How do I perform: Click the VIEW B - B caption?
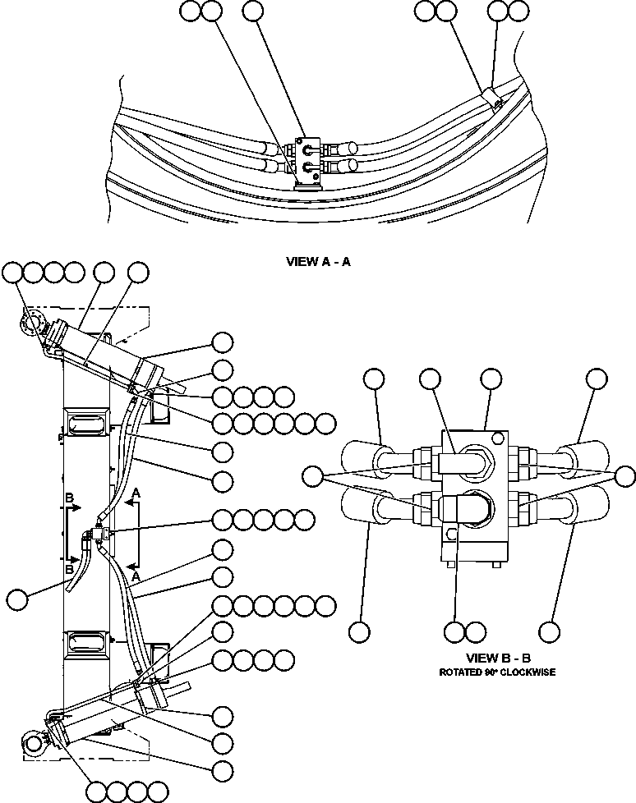click(x=498, y=658)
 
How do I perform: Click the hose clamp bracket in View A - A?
click(x=492, y=100)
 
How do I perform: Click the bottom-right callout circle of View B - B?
click(x=550, y=631)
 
